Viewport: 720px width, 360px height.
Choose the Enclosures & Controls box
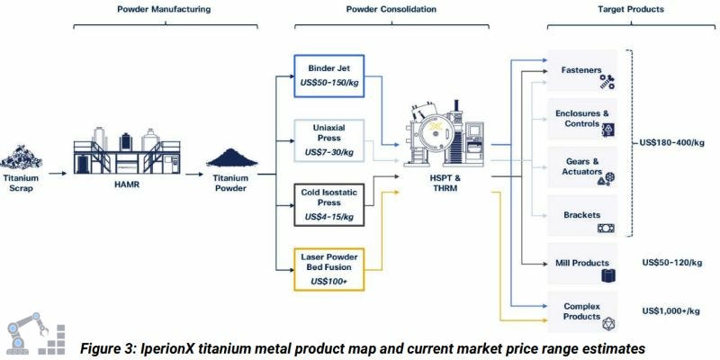click(x=582, y=121)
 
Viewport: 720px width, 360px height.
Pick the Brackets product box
click(x=582, y=218)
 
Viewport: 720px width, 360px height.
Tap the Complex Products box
click(x=582, y=312)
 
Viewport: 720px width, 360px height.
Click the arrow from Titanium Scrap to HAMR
click(x=54, y=171)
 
